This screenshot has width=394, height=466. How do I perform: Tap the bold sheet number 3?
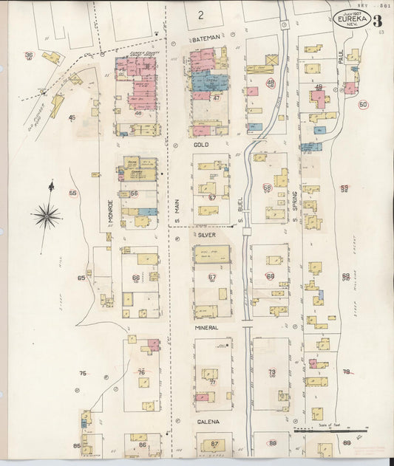pyautogui.click(x=377, y=20)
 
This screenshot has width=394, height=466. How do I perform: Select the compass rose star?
pyautogui.click(x=46, y=216)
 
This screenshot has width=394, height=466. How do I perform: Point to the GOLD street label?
pyautogui.click(x=201, y=145)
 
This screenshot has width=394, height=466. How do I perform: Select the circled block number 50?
pyautogui.click(x=363, y=105)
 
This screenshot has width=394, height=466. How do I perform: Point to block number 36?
pyautogui.click(x=29, y=55)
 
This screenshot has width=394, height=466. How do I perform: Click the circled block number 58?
pyautogui.click(x=267, y=188)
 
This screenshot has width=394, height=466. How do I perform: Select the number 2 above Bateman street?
pyautogui.click(x=200, y=14)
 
